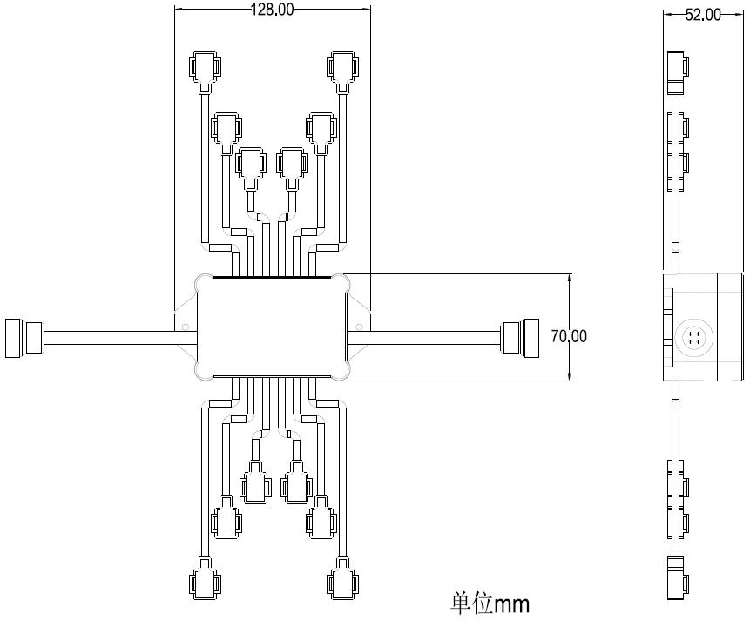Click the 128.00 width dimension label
coord(272,9)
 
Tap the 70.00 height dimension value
coord(569,336)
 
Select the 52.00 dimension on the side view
coord(703,15)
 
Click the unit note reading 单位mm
coord(490,604)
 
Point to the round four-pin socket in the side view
coord(694,337)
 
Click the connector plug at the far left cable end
coord(24,338)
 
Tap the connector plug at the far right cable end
coord(520,338)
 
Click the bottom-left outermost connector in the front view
coord(206,578)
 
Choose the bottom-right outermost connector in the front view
coord(342,578)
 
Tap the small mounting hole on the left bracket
coord(186,327)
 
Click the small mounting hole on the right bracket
coord(359,327)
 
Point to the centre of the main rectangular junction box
coord(272,327)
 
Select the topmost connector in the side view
coord(678,72)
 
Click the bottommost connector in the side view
coord(678,577)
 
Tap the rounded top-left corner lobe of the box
coord(203,282)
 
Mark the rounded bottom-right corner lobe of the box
coord(341,372)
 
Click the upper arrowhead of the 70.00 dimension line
coord(569,278)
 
